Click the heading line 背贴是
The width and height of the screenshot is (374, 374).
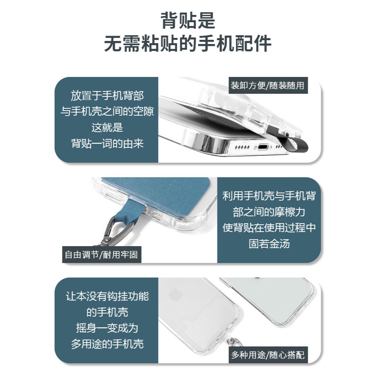[x=188, y=21]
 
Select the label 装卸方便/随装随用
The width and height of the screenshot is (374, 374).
[x=268, y=85]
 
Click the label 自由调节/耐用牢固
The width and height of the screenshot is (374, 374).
[x=101, y=255]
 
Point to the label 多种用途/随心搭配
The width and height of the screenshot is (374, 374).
[x=268, y=355]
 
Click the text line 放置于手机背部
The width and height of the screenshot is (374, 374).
[x=107, y=95]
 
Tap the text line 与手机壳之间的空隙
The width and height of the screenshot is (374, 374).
[x=107, y=111]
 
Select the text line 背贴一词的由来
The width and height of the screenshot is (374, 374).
[x=107, y=143]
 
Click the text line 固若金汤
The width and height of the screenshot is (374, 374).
[x=269, y=244]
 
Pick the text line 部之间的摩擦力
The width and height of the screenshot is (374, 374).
[x=269, y=212]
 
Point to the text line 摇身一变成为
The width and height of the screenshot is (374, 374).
[x=107, y=328]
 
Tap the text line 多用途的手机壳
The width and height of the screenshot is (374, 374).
[x=107, y=344]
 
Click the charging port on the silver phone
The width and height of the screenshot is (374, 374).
[x=262, y=147]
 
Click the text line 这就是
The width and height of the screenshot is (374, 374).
[x=107, y=127]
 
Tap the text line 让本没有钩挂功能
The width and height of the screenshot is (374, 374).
[x=107, y=296]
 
